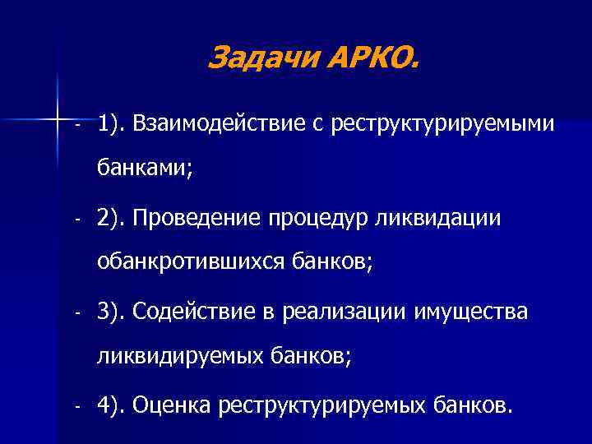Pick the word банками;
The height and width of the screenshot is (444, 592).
coord(145,170)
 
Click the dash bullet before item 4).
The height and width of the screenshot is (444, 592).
coord(76,406)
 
